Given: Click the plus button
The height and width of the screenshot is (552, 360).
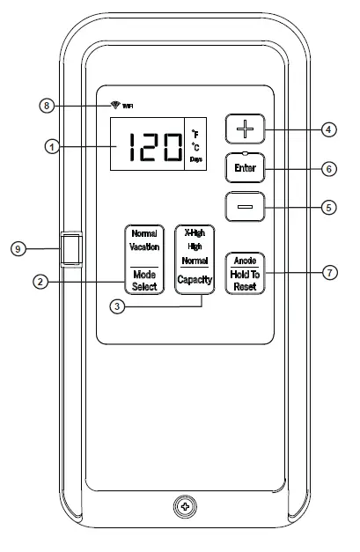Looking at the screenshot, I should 244,129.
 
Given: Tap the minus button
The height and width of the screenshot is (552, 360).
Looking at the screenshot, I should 244,208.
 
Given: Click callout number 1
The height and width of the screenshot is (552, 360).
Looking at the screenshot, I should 54,147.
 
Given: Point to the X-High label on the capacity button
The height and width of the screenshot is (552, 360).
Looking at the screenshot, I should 194,232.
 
